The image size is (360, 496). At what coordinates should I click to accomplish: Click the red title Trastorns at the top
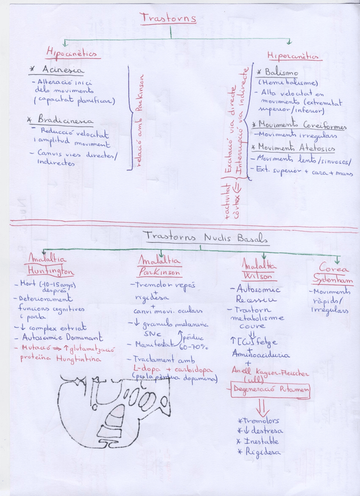pyautogui.click(x=168, y=18)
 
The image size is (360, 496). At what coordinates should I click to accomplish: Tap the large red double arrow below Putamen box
pyautogui.click(x=262, y=406)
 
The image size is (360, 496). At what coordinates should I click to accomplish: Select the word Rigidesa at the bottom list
pyautogui.click(x=261, y=452)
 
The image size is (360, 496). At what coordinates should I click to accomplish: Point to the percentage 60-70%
pyautogui.click(x=196, y=347)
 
